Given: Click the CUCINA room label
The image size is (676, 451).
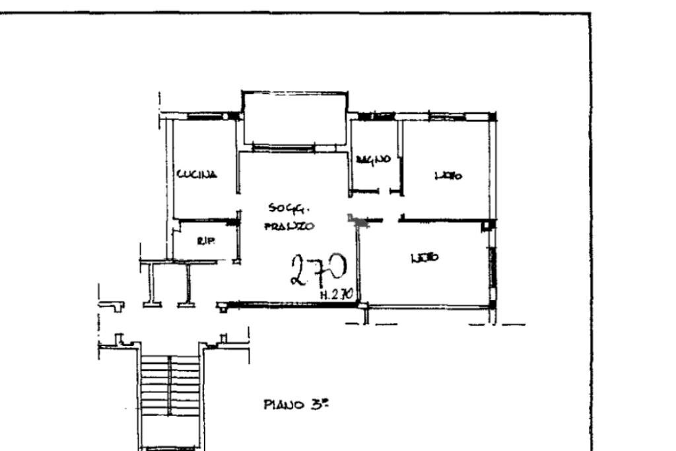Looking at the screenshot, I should tap(197, 174).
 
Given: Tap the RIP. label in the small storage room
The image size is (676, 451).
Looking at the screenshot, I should tap(202, 241).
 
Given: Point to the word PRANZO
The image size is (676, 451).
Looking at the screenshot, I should tap(289, 226).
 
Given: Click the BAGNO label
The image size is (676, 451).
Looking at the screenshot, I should tap(373, 159).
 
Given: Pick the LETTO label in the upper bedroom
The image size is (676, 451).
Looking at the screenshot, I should tap(448, 176).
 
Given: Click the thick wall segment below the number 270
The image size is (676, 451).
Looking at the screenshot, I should tap(294, 304).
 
